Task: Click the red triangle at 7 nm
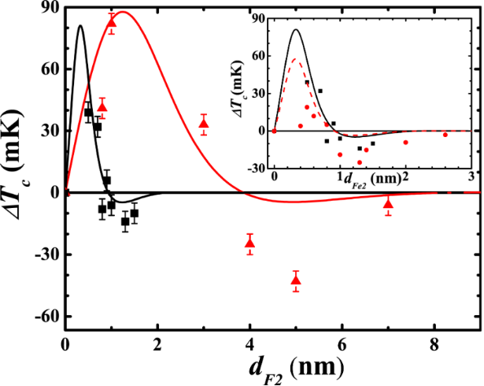point(388,204)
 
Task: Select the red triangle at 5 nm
point(296,280)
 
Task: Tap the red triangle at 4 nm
point(250,242)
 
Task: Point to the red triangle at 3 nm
point(204,124)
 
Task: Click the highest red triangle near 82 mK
point(111,22)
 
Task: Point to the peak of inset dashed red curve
point(295,59)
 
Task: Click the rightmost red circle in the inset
point(445,135)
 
